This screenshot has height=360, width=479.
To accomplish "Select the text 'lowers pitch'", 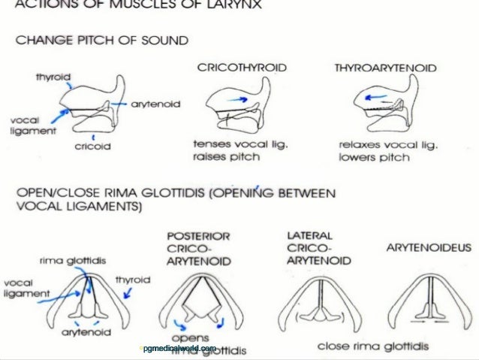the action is (374, 157).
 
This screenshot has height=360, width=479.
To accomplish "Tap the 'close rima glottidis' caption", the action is (369, 346).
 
